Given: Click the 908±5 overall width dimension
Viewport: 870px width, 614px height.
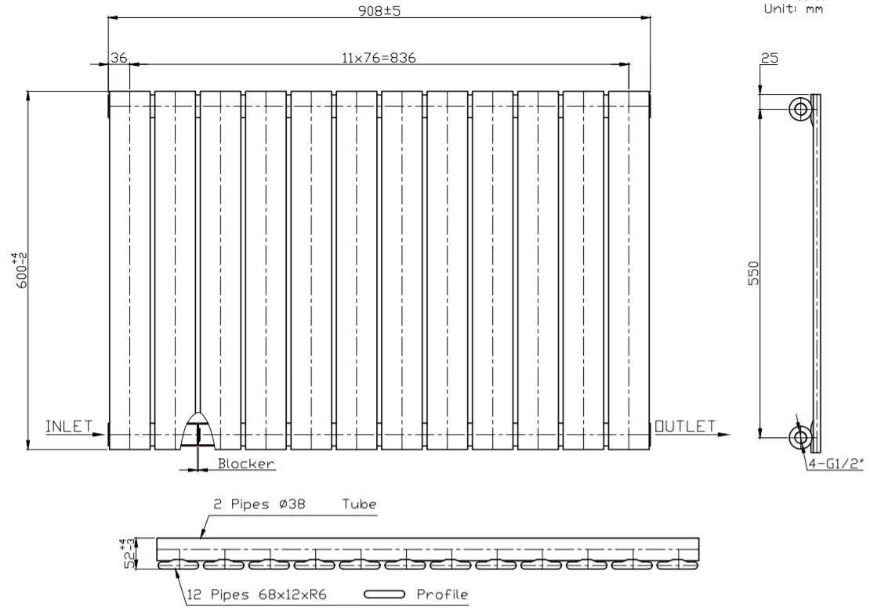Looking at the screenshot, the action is click(x=379, y=10).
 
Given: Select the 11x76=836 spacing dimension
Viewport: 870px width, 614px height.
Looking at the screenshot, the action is click(x=379, y=58).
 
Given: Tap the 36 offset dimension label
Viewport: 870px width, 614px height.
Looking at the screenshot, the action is click(x=118, y=57).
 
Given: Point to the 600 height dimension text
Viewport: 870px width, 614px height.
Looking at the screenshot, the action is click(x=21, y=269).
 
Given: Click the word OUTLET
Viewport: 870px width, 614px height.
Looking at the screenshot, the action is click(x=685, y=426).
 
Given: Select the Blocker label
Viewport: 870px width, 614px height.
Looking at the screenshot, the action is click(x=246, y=463).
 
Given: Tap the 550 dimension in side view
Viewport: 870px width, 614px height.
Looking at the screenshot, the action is click(x=753, y=273).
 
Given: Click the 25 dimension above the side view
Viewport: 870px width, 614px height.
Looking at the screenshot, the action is click(x=770, y=58).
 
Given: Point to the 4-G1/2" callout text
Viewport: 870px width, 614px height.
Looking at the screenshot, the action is click(x=836, y=464).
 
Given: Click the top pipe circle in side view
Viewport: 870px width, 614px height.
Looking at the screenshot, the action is click(x=800, y=109).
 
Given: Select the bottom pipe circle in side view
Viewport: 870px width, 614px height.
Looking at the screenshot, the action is click(x=800, y=438).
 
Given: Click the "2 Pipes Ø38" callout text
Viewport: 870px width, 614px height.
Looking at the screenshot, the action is click(x=259, y=504).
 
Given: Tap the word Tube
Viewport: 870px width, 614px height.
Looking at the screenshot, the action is click(x=359, y=504).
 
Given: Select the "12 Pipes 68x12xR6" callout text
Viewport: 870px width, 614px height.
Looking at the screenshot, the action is click(x=257, y=595).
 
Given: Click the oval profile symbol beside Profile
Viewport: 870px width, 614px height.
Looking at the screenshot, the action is click(x=385, y=594).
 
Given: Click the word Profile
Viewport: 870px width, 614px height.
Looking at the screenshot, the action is click(x=442, y=594).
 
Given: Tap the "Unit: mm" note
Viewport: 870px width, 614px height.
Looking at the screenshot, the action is click(x=793, y=9).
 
